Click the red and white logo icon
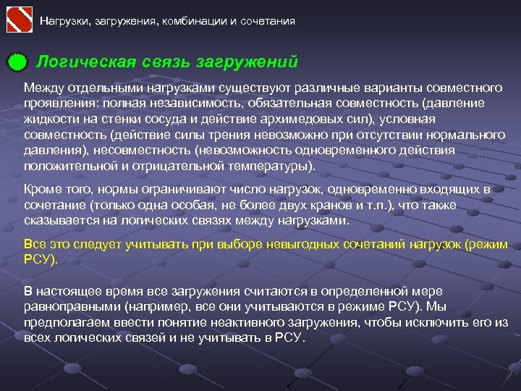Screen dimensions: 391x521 tap(20, 20)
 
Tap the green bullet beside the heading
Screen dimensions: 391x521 tap(17, 63)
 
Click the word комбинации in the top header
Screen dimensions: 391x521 tap(195, 21)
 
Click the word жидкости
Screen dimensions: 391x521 tap(48, 119)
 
